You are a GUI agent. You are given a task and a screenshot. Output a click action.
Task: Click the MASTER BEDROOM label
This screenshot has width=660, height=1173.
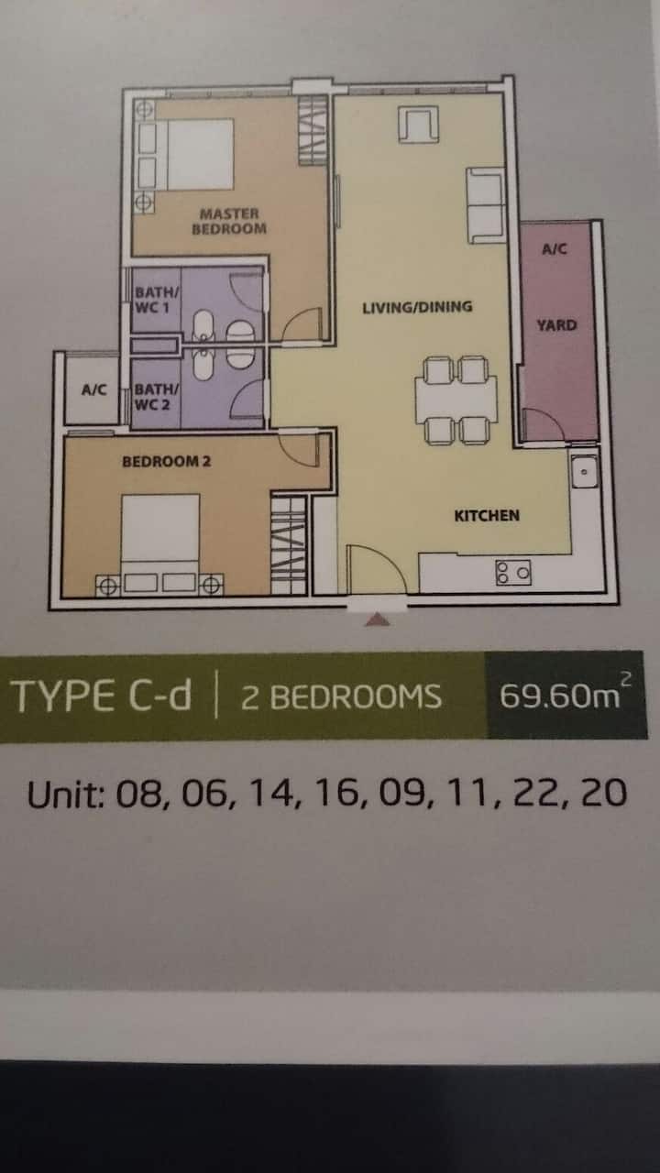click(x=229, y=221)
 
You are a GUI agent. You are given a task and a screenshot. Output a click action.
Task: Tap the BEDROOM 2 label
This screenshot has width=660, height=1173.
click(x=166, y=461)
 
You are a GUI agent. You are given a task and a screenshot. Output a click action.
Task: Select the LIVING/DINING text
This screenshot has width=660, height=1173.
click(x=417, y=307)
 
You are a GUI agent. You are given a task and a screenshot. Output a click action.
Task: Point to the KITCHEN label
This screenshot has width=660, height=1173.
click(x=487, y=516)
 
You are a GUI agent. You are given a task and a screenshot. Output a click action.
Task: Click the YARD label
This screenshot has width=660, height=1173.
click(x=556, y=325)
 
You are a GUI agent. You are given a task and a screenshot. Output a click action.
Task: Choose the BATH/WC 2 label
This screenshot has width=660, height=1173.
click(x=156, y=397)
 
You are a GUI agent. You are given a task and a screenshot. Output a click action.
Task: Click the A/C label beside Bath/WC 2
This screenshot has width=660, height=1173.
click(x=94, y=389)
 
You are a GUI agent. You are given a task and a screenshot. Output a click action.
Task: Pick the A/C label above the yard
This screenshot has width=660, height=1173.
click(x=555, y=248)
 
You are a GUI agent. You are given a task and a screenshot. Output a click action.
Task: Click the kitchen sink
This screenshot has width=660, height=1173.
click(x=584, y=471)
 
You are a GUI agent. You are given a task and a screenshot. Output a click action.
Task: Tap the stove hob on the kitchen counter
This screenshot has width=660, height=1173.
click(x=513, y=572)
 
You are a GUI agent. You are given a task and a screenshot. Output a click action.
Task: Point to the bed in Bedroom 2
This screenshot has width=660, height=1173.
click(x=160, y=544)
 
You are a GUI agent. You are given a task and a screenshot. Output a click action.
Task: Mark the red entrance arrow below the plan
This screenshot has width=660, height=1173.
click(x=378, y=620)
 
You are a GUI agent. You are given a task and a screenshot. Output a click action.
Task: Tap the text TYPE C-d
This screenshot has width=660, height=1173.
click(x=101, y=696)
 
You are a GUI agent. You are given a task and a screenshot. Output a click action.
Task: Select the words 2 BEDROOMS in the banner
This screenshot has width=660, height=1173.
click(x=341, y=697)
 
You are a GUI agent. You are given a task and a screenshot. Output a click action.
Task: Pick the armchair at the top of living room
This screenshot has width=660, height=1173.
click(x=418, y=124)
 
